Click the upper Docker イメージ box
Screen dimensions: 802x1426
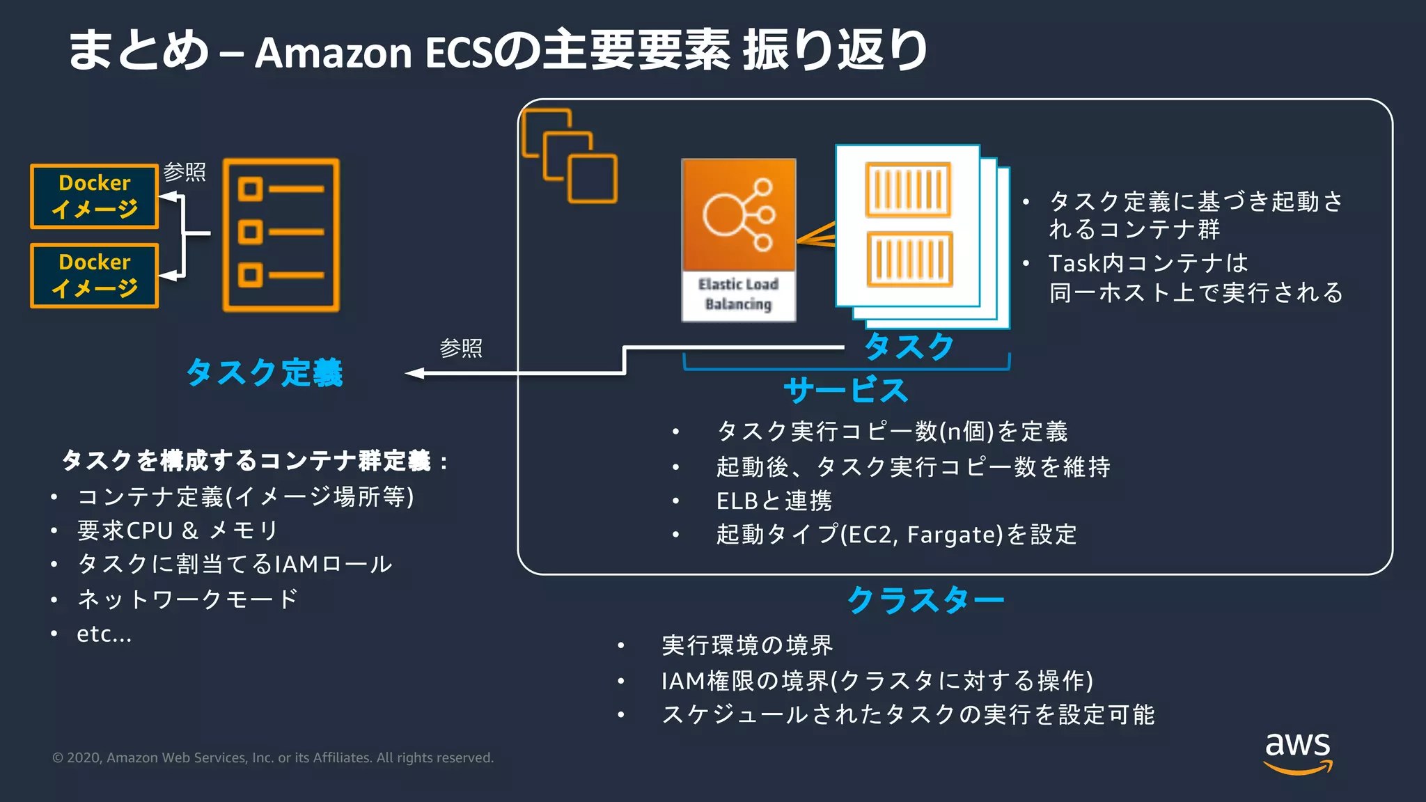[95, 196]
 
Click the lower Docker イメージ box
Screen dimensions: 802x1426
[95, 276]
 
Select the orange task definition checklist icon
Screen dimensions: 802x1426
[281, 235]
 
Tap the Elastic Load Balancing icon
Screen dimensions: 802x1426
[738, 239]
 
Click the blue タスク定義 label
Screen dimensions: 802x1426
[265, 372]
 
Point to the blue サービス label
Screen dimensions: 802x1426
[845, 391]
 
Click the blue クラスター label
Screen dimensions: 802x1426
[925, 599]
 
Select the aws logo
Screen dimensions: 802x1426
[1297, 752]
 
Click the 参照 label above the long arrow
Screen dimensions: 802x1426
[461, 348]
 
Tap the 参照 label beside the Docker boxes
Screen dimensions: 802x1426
[185, 172]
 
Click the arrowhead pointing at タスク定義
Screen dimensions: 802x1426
[415, 374]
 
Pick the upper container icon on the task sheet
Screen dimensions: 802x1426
[908, 189]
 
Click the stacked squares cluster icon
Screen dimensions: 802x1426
[570, 156]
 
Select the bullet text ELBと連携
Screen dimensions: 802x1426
[774, 501]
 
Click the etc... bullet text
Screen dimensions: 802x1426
[104, 634]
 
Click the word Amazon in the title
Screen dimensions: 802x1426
[334, 53]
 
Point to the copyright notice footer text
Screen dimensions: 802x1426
[273, 757]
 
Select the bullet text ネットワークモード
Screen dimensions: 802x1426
[187, 599]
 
